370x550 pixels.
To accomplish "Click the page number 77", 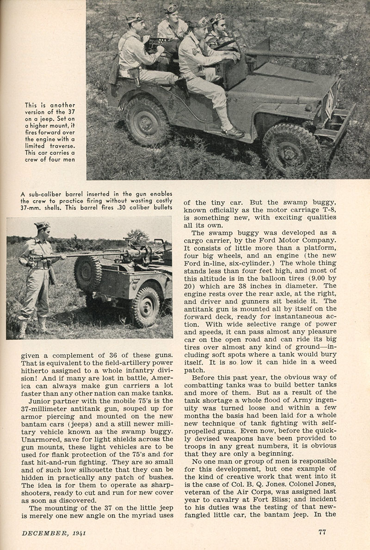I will [322, 532].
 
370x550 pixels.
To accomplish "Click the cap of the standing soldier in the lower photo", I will [42, 225].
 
